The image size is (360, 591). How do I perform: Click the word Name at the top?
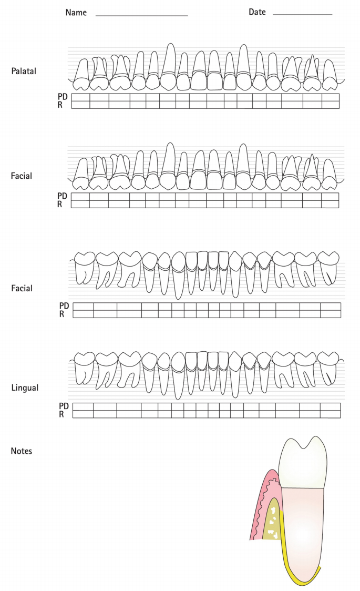pyautogui.click(x=76, y=12)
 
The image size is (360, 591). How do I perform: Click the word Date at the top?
pyautogui.click(x=257, y=12)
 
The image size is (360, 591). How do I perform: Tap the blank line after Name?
pyautogui.click(x=141, y=15)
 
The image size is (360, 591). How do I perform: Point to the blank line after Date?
pyautogui.click(x=302, y=14)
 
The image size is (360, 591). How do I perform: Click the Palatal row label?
pyautogui.click(x=24, y=71)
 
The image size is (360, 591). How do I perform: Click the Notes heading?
pyautogui.click(x=22, y=451)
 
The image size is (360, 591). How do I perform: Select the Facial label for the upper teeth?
pyautogui.click(x=22, y=176)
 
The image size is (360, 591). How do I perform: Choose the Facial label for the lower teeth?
pyautogui.click(x=22, y=288)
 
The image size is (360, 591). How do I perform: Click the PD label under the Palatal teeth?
pyautogui.click(x=62, y=97)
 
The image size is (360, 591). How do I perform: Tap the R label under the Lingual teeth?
pyautogui.click(x=61, y=414)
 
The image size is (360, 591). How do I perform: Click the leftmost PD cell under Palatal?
pyautogui.click(x=80, y=97)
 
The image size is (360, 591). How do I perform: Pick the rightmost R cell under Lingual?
pyautogui.click(x=330, y=414)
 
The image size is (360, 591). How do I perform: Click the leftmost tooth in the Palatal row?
pyautogui.click(x=81, y=74)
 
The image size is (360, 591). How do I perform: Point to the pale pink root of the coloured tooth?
pyautogui.click(x=302, y=526)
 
